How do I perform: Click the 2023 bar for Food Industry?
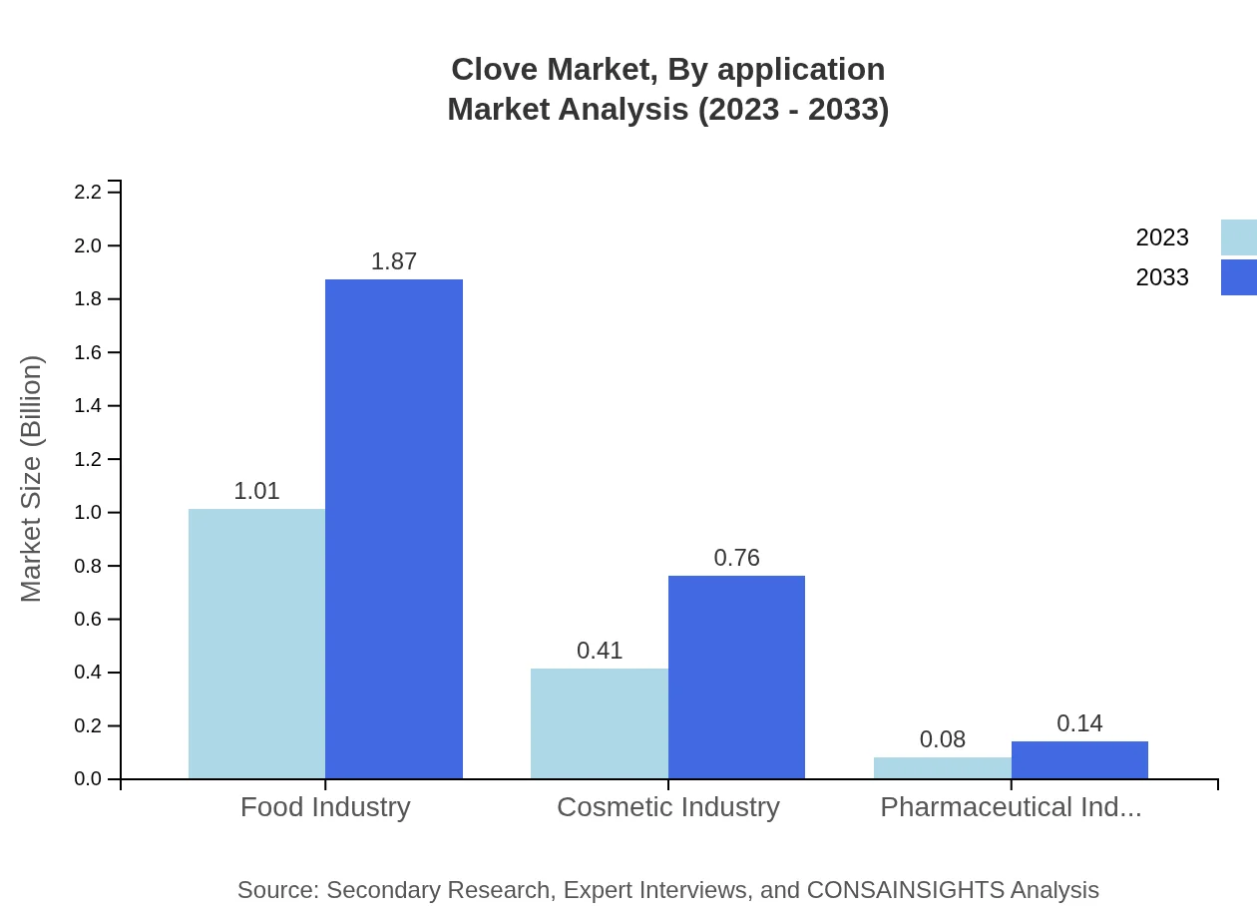(256, 644)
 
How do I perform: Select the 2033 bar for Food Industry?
(394, 529)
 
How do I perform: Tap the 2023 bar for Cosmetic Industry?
(599, 723)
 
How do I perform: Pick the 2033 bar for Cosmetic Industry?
(736, 677)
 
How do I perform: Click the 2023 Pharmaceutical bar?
(942, 768)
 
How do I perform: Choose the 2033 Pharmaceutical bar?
(1079, 760)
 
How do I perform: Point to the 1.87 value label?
(394, 261)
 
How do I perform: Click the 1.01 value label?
(256, 491)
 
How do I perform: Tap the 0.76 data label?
(736, 558)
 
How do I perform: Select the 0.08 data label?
(942, 739)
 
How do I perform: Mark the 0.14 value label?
(1079, 723)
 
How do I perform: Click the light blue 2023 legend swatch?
(1238, 237)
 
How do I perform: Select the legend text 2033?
(1161, 277)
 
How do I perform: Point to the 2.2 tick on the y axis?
(89, 192)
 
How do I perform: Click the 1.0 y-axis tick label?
(89, 513)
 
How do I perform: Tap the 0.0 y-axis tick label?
(89, 779)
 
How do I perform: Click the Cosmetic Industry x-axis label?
(667, 807)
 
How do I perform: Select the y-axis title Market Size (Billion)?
(32, 479)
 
